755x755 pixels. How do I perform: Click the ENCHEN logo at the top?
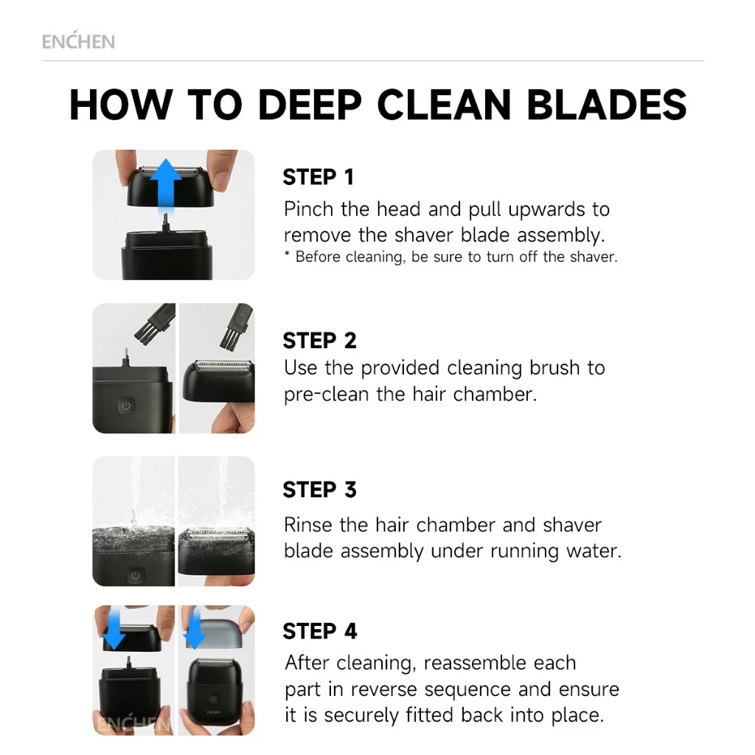[x=78, y=41]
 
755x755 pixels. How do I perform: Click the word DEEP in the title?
[x=310, y=105]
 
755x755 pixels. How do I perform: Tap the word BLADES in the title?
[x=607, y=105]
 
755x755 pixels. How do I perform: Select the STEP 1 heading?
[x=319, y=177]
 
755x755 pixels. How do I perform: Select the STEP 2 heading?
[x=320, y=341]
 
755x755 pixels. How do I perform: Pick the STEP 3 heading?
[x=320, y=490]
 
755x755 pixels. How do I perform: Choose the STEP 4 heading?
[x=320, y=631]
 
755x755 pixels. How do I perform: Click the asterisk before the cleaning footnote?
[x=287, y=254]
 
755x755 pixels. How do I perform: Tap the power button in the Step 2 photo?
[x=126, y=406]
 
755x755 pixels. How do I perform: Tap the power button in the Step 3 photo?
[x=136, y=575]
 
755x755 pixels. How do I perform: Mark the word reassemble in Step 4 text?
[x=500, y=663]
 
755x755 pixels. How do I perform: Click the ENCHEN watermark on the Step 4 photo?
[x=133, y=723]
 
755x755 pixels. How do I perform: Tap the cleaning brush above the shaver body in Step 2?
[x=153, y=323]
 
